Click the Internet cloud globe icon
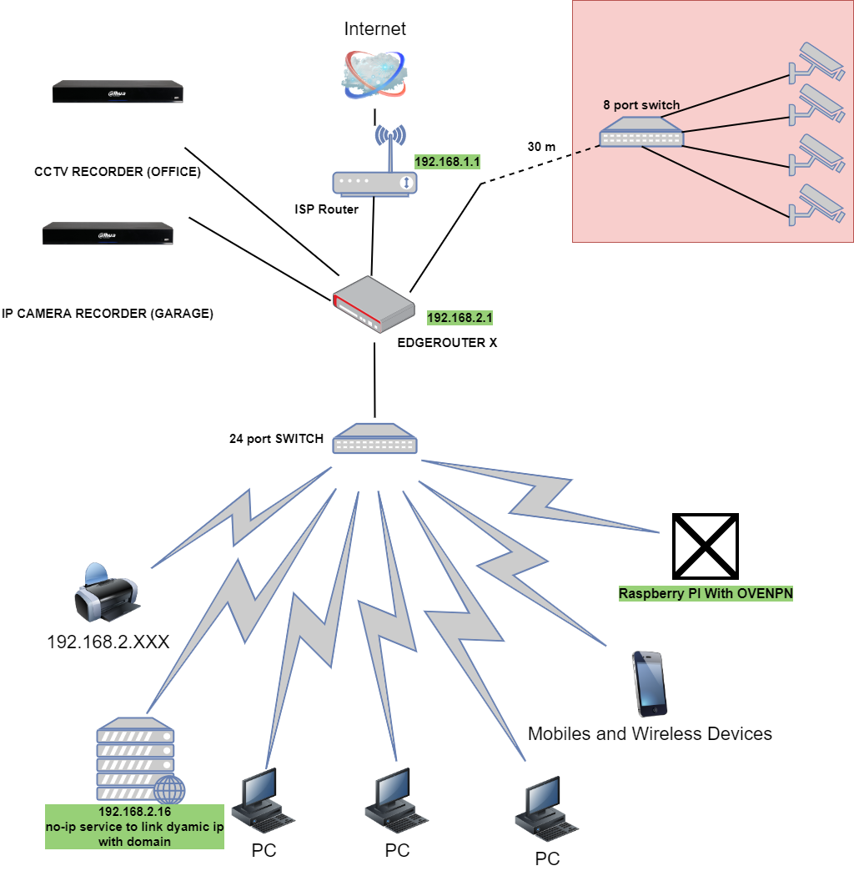(374, 74)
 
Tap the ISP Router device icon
(374, 183)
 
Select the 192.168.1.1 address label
(448, 161)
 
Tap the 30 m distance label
(541, 147)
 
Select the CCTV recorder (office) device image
(118, 92)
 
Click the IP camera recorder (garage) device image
(108, 234)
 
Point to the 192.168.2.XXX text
(108, 642)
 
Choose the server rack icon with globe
(138, 759)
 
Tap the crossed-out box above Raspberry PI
(706, 546)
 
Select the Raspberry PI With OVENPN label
(705, 595)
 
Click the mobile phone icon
(650, 683)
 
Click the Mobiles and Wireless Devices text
(650, 734)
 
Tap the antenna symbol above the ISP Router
(389, 138)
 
